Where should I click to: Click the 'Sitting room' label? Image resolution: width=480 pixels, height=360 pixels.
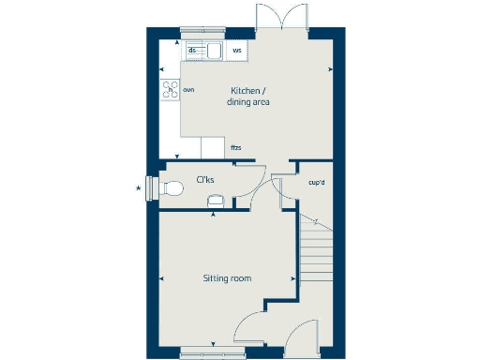(228, 278)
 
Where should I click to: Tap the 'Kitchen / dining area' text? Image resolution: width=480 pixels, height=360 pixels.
(248, 97)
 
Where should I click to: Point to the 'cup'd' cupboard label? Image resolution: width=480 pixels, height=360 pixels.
(316, 182)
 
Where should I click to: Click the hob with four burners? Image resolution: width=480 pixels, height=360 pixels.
(172, 90)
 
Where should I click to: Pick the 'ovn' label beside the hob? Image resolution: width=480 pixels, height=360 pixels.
(189, 90)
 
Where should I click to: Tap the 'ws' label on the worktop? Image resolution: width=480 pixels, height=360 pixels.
(236, 51)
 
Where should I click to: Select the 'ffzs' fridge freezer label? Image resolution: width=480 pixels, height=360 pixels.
(236, 148)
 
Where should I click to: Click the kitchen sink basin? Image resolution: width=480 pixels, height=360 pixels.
(214, 51)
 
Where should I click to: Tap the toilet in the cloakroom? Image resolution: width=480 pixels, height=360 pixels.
(170, 188)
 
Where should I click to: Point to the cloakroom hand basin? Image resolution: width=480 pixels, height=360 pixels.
(215, 200)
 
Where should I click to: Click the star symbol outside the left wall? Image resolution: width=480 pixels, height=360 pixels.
(140, 189)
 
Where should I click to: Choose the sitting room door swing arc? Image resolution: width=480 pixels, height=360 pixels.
(249, 331)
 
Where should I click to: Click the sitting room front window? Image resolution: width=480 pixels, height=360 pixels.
(213, 352)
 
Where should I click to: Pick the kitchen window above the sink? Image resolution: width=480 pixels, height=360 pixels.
(204, 33)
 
